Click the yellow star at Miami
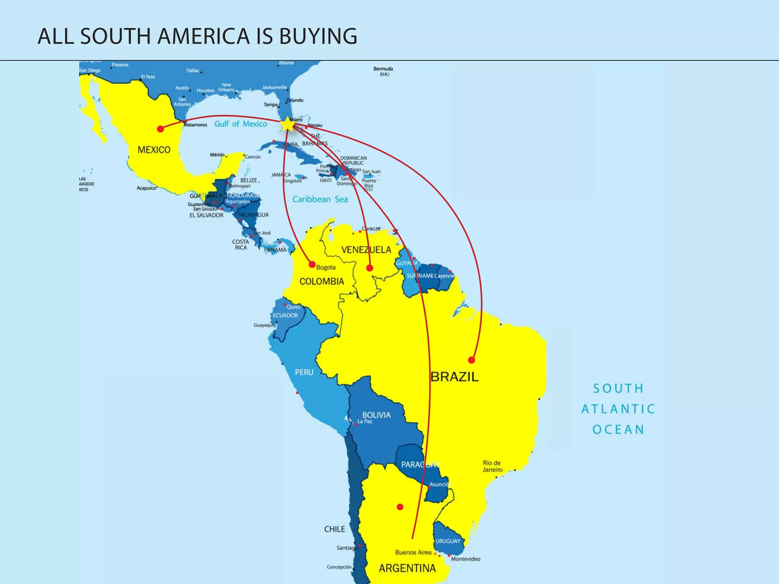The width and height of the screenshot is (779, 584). coord(288,124)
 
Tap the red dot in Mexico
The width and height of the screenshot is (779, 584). coord(161,129)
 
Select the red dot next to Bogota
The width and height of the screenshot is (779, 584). coord(312,264)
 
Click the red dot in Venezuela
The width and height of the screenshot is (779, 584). coord(369,268)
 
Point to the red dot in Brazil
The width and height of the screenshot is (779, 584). coord(471,360)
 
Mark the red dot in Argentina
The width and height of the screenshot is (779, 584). coord(400,507)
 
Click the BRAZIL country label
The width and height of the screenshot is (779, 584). coord(455,377)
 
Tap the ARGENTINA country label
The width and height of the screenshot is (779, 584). coord(407,568)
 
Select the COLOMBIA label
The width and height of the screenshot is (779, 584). coord(321,281)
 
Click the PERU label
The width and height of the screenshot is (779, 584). coord(304,372)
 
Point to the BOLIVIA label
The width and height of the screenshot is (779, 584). coord(376,415)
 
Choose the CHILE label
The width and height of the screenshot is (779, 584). coord(334,529)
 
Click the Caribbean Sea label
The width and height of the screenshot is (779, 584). coord(320,199)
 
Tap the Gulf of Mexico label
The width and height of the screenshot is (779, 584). coord(241,124)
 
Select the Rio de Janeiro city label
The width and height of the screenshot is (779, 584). coord(493,466)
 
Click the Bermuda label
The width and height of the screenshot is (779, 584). coord(383,69)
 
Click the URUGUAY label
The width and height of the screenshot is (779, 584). coord(448,541)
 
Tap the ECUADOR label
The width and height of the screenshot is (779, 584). coord(285,315)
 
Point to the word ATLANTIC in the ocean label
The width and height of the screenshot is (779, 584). coord(618,409)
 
